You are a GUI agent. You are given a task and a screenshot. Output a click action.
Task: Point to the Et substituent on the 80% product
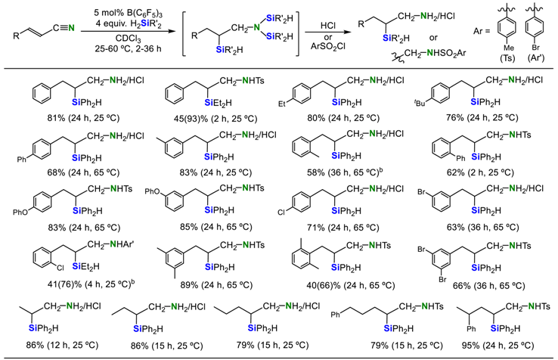click(288, 98)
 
